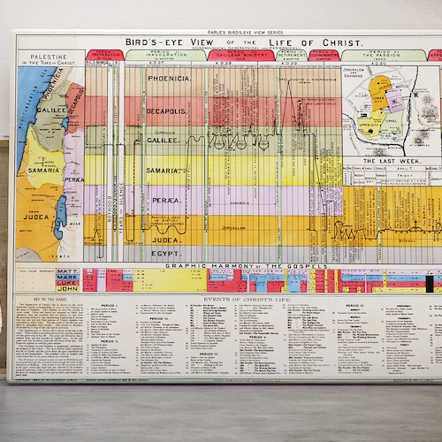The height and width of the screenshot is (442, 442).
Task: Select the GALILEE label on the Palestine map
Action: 51,110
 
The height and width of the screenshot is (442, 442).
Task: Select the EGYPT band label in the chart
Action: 165,254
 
